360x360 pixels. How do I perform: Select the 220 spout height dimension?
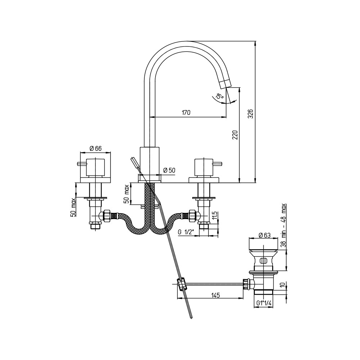(235, 135)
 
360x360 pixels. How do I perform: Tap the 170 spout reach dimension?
(186, 112)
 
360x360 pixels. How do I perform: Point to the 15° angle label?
(220, 96)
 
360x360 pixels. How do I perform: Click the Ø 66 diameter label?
(95, 149)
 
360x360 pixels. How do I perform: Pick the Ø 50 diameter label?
(169, 170)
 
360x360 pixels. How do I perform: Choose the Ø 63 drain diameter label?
(265, 235)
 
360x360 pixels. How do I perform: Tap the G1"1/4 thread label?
(264, 303)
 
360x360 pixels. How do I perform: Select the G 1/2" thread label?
(186, 232)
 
